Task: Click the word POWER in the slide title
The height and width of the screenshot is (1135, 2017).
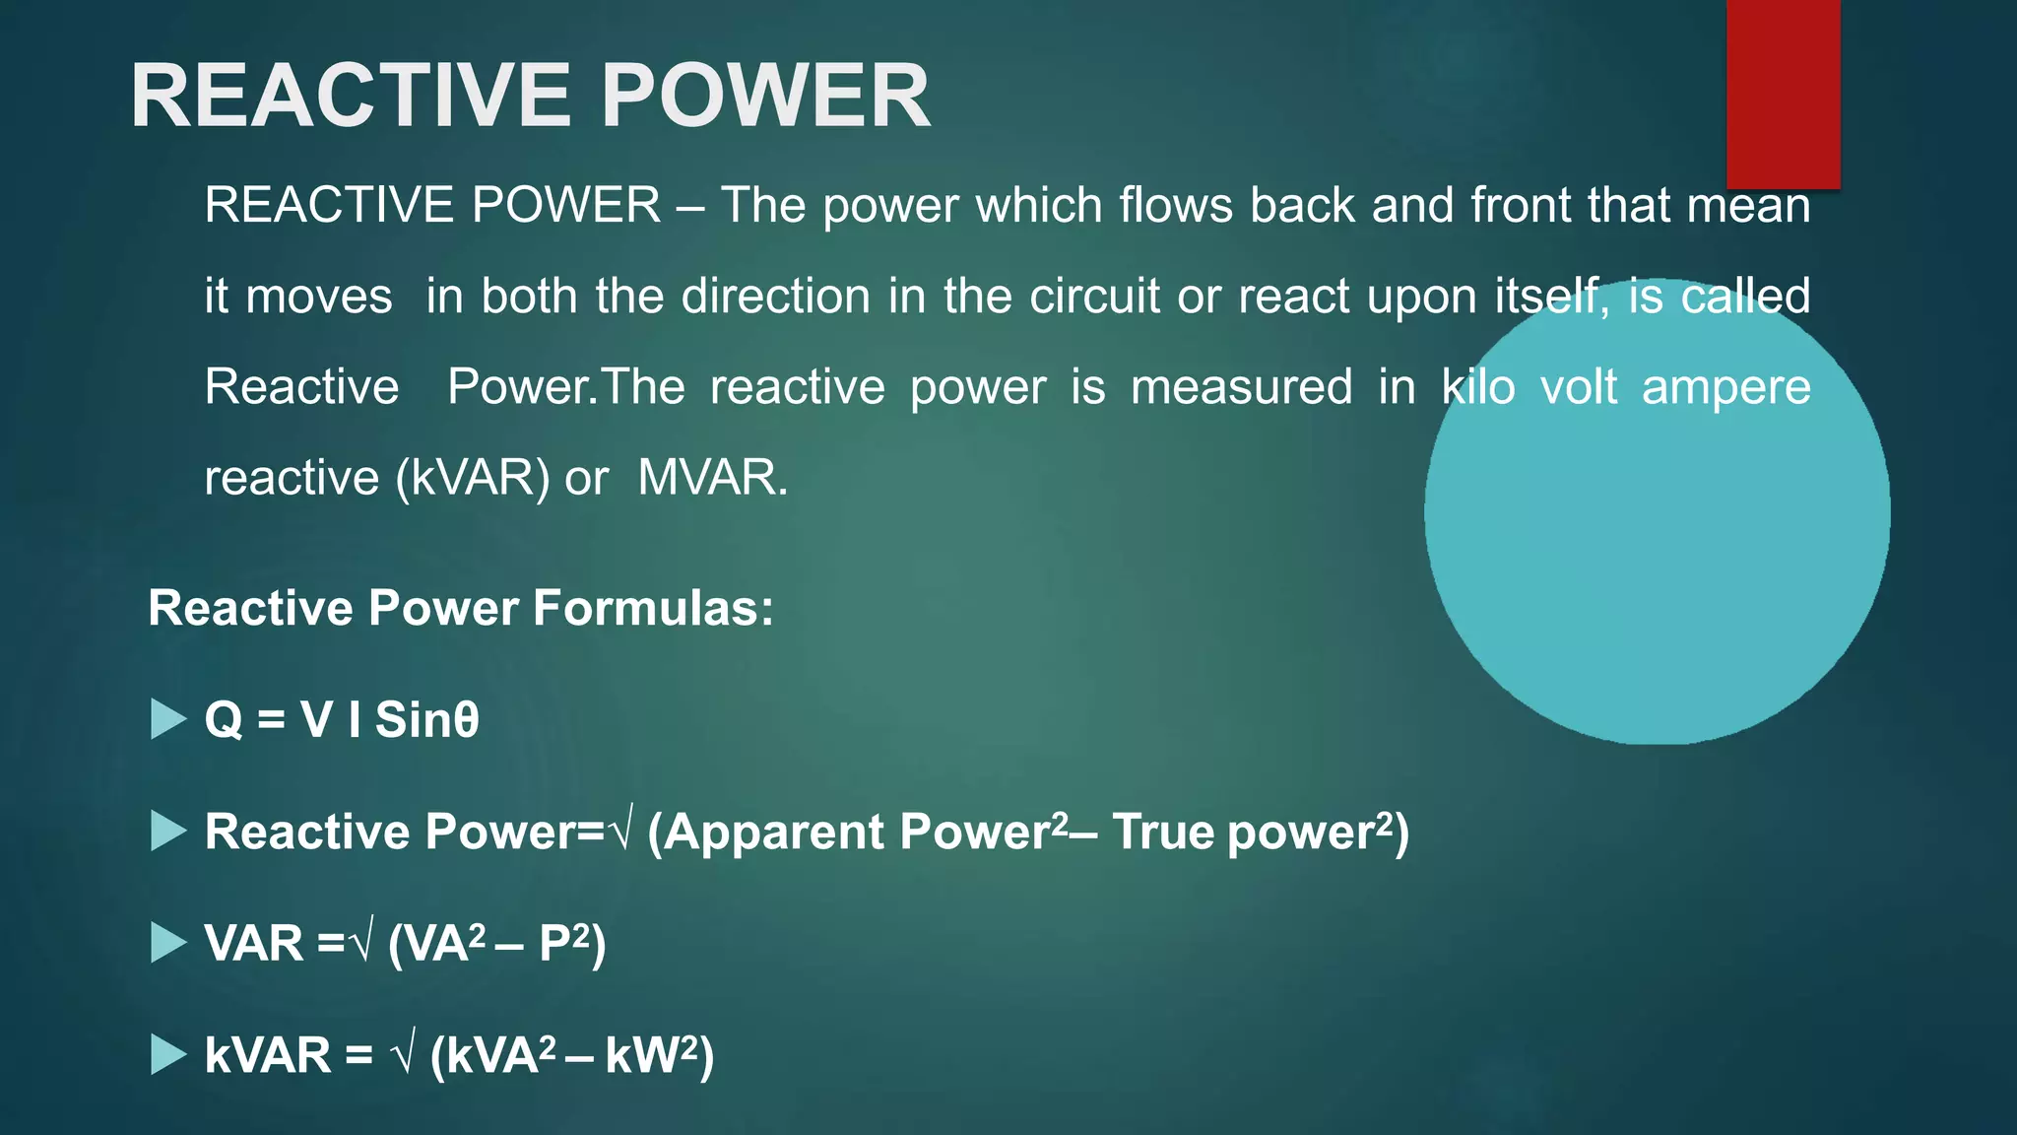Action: point(764,96)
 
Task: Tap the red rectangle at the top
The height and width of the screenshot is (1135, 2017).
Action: point(1783,94)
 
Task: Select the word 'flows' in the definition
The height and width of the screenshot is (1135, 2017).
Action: point(1176,206)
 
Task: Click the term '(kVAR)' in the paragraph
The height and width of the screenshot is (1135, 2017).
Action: point(473,478)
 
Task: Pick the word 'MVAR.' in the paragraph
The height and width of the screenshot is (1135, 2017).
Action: point(713,478)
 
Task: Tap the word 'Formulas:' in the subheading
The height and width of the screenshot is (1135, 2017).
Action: point(653,608)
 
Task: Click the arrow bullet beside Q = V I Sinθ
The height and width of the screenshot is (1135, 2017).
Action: point(168,719)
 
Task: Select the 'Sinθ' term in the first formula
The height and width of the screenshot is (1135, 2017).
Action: point(426,719)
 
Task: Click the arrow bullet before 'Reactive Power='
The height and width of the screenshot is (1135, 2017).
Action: point(168,832)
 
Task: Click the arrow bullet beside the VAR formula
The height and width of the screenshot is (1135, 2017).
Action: point(168,943)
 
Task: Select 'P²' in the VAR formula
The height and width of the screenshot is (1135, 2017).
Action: point(564,943)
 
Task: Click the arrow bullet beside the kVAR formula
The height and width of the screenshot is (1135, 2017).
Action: point(168,1054)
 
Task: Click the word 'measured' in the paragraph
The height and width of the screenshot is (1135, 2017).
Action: point(1241,387)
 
